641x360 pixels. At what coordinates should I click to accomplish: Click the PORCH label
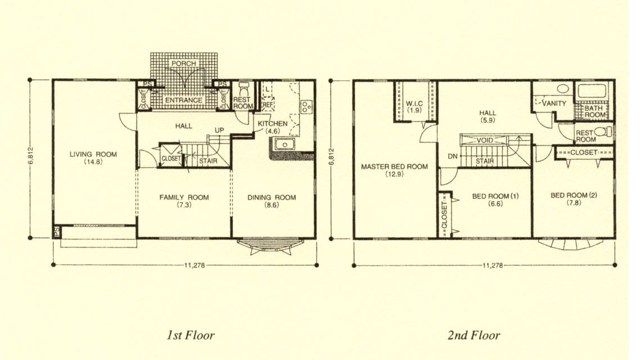pyautogui.click(x=183, y=64)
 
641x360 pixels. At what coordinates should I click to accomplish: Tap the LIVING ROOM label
pyautogui.click(x=93, y=154)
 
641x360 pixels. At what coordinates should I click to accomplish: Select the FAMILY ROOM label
pyautogui.click(x=184, y=197)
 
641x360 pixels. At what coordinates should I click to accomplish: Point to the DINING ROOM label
pyautogui.click(x=272, y=197)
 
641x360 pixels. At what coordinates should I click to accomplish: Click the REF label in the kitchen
pyautogui.click(x=267, y=105)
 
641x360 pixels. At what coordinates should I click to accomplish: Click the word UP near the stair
pyautogui.click(x=219, y=130)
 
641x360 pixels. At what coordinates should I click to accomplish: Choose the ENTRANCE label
pyautogui.click(x=183, y=100)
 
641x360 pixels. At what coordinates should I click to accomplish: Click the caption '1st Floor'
pyautogui.click(x=191, y=335)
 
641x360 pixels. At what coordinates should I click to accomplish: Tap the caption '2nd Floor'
pyautogui.click(x=474, y=335)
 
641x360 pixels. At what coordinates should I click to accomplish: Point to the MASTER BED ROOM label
pyautogui.click(x=395, y=166)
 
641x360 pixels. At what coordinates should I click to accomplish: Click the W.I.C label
pyautogui.click(x=414, y=103)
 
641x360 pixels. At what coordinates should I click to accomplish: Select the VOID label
pyautogui.click(x=485, y=140)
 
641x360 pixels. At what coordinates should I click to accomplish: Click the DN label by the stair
pyautogui.click(x=453, y=156)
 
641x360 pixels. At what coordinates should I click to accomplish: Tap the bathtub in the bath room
pyautogui.click(x=592, y=92)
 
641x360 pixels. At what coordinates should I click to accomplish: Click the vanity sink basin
pyautogui.click(x=563, y=88)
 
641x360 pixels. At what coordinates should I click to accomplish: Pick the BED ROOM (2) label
pyautogui.click(x=574, y=195)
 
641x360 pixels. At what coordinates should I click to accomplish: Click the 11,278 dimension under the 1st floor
pyautogui.click(x=195, y=265)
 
